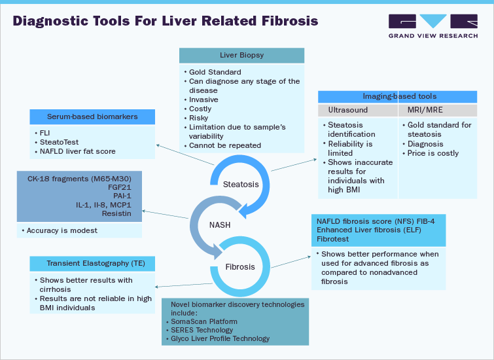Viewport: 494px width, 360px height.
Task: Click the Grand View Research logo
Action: point(432,26)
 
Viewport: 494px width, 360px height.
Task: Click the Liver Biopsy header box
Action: point(241,56)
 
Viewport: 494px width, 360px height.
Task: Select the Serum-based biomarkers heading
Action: point(92,117)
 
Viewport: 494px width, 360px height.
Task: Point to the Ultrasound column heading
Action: point(347,110)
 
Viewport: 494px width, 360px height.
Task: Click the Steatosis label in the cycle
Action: point(241,184)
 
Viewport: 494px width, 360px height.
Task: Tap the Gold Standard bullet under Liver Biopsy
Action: point(215,72)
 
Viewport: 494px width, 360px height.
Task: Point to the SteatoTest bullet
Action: point(61,142)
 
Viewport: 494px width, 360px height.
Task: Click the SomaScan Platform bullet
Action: point(203,321)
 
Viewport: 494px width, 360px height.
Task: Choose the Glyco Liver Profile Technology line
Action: point(219,338)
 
